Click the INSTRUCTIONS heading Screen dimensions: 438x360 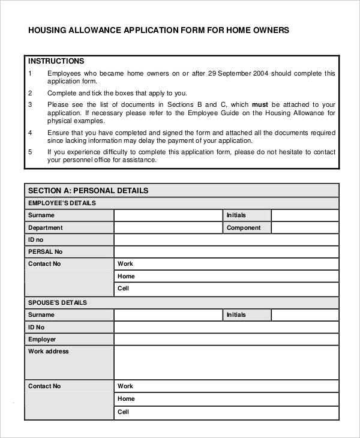[56, 61]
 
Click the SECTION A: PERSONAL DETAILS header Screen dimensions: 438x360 [88, 191]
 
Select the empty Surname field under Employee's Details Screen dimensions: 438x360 [167, 215]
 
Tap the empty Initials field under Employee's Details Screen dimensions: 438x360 [304, 215]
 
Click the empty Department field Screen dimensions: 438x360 [167, 228]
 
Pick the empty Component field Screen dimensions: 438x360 [304, 228]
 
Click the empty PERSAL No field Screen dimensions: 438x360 [226, 252]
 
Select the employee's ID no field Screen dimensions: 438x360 [226, 240]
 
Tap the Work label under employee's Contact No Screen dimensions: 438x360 [125, 264]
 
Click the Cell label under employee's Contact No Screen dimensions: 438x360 [124, 289]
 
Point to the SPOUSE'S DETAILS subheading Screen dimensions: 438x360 [58, 302]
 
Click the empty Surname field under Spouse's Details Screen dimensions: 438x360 [167, 315]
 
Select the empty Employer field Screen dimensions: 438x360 [226, 340]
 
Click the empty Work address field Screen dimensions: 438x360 [226, 362]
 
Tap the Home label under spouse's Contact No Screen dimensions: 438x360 [126, 399]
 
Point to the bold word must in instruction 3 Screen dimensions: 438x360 [260, 104]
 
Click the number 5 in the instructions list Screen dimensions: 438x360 [30, 152]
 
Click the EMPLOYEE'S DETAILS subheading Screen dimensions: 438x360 [62, 203]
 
